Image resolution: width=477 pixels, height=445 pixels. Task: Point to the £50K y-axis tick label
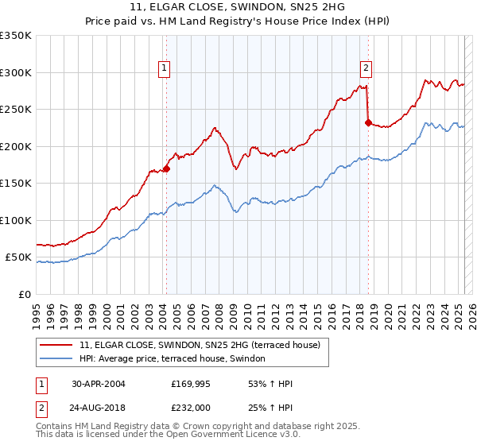(x=18, y=257)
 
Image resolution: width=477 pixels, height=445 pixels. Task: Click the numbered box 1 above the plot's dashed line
(x=164, y=69)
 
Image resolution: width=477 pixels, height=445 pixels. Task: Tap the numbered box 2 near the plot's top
(x=366, y=69)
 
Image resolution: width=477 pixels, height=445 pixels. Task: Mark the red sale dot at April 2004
(x=167, y=168)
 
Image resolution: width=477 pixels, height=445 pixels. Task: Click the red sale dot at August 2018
(x=368, y=122)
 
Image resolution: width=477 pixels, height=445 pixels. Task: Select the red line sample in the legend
(x=56, y=345)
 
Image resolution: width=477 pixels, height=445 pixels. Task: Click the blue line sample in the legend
(x=56, y=359)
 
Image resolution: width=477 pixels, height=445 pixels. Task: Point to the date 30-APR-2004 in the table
(x=98, y=383)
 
